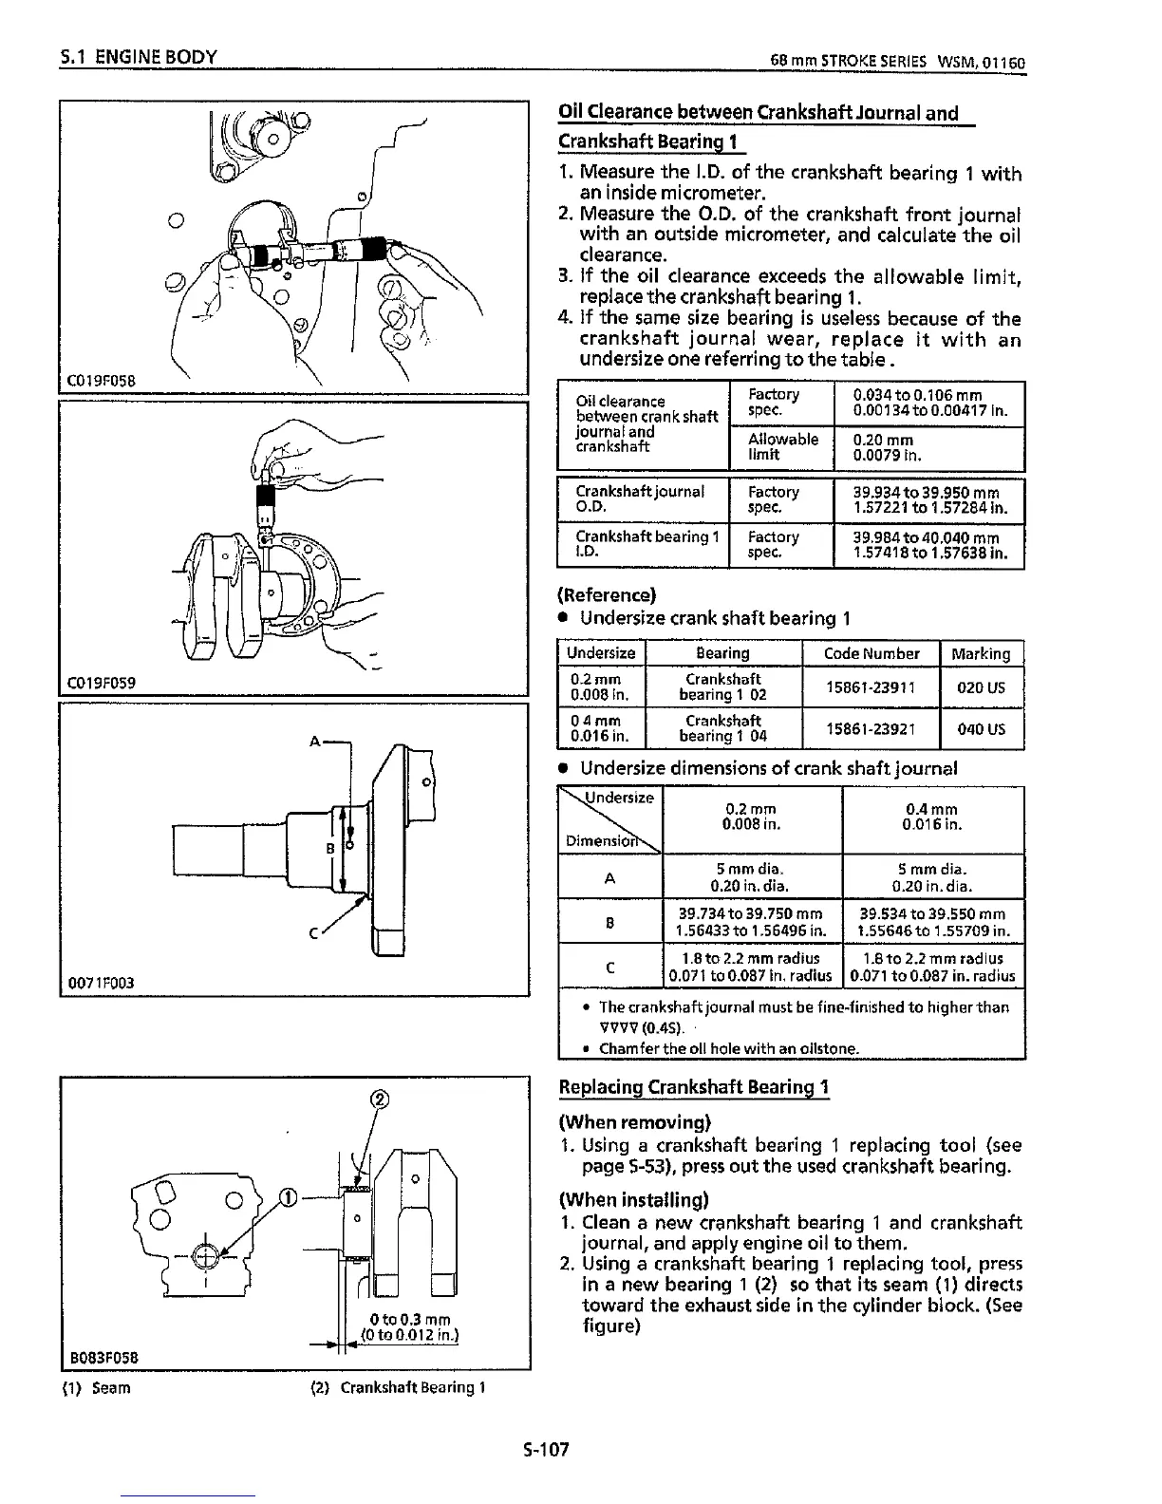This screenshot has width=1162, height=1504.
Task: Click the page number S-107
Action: (544, 1449)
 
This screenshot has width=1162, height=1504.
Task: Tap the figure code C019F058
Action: (103, 381)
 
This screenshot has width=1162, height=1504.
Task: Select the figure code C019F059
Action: (103, 682)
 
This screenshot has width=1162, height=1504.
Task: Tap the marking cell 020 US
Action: (981, 687)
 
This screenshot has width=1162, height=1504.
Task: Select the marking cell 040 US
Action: (981, 729)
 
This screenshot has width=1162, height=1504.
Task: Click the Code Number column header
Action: (870, 653)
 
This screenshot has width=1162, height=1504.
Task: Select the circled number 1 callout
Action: (287, 1195)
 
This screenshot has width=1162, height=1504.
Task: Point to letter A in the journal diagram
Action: (314, 741)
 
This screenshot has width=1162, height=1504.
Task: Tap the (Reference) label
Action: (606, 595)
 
